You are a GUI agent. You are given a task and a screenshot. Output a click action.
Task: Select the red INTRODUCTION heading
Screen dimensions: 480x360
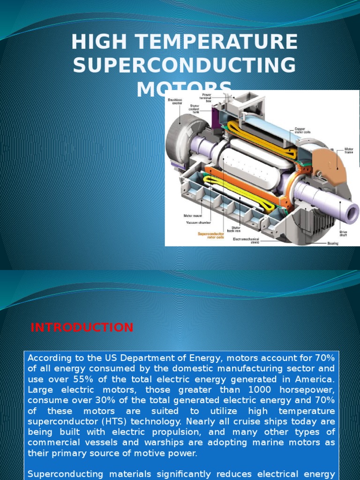click(x=82, y=327)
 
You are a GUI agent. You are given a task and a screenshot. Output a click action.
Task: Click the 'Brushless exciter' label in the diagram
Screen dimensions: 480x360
click(x=174, y=101)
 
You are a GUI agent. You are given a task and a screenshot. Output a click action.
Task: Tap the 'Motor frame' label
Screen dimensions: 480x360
click(x=349, y=151)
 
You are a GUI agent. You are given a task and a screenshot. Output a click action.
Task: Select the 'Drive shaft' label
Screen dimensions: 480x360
click(x=344, y=233)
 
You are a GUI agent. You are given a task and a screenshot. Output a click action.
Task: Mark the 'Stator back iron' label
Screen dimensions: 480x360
click(x=236, y=229)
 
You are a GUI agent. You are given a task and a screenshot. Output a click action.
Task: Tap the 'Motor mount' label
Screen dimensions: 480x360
click(x=193, y=216)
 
